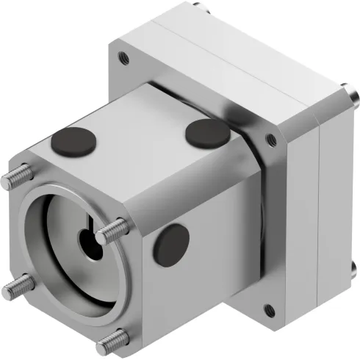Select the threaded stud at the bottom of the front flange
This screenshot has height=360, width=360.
(x=110, y=339)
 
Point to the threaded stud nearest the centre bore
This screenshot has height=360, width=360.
(x=111, y=232)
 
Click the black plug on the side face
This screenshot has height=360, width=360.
(x=173, y=242)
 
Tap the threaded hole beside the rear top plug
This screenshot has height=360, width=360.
(x=271, y=140)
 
